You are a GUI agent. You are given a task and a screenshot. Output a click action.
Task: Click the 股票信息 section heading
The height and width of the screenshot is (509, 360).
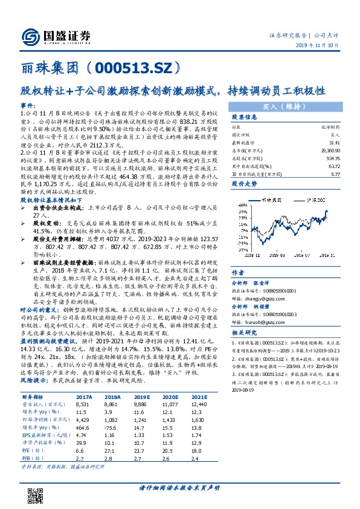(x=245, y=117)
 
